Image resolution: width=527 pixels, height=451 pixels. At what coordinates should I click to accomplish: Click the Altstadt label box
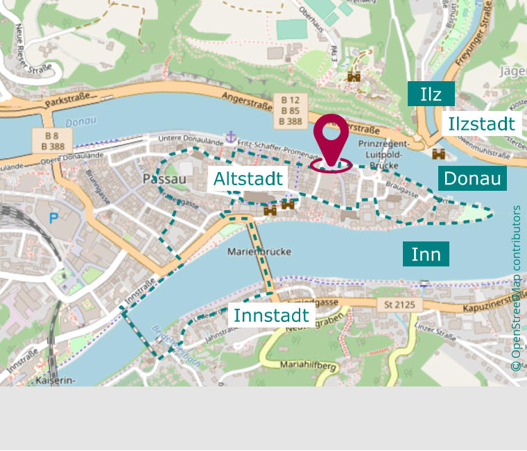[x=248, y=179]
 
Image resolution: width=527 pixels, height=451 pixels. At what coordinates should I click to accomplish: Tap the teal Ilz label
[x=431, y=94]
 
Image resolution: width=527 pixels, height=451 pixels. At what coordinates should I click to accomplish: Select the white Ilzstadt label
[x=481, y=124]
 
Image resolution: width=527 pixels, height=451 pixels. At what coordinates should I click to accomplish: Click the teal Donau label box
[x=472, y=178]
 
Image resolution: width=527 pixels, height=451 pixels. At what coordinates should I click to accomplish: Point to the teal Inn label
[x=426, y=254]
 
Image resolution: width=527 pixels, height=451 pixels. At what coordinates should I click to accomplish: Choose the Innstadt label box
[x=271, y=315]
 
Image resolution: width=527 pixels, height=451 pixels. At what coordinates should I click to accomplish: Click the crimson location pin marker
[x=331, y=139]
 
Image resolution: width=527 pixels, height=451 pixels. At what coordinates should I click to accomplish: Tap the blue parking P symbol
[x=54, y=218]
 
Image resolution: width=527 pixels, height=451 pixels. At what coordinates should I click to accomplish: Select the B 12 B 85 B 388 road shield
[x=290, y=110]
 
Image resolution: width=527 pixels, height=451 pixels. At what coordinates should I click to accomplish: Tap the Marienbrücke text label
[x=259, y=251]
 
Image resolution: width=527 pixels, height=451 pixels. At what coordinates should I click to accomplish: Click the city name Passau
[x=164, y=179]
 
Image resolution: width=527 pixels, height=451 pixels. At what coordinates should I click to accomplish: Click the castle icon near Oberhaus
[x=354, y=77]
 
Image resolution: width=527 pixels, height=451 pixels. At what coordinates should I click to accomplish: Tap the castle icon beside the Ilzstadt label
[x=438, y=153]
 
